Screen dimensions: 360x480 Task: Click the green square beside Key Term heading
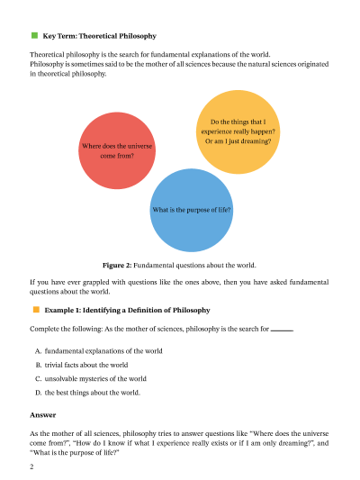point(34,36)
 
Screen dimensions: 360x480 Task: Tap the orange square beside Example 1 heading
point(34,309)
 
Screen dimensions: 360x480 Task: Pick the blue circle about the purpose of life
point(193,209)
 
